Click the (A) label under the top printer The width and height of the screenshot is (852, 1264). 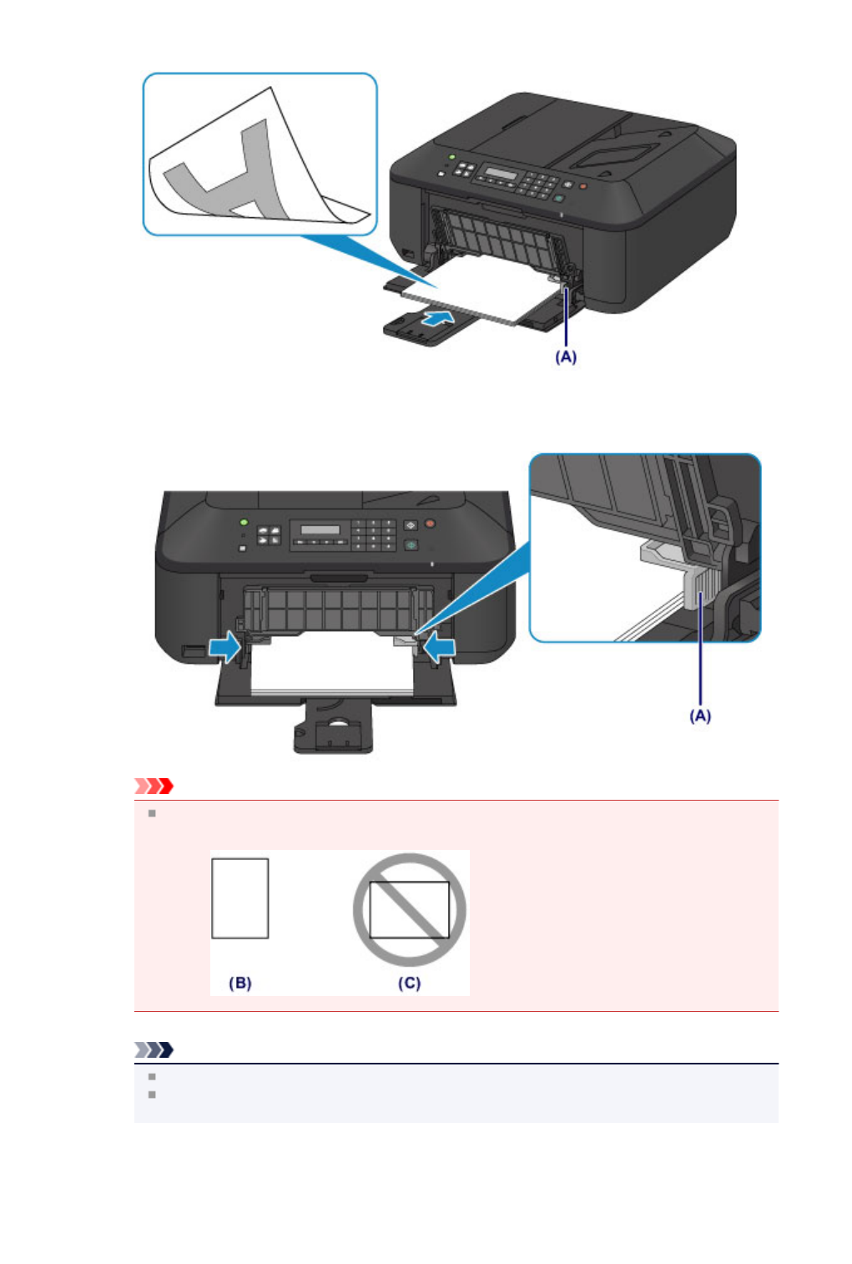pyautogui.click(x=566, y=356)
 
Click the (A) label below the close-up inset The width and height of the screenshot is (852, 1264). pyautogui.click(x=699, y=715)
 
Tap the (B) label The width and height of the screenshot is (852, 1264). pyautogui.click(x=240, y=983)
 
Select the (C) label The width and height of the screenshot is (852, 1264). pyautogui.click(x=409, y=983)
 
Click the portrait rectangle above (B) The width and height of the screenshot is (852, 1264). pyautogui.click(x=240, y=898)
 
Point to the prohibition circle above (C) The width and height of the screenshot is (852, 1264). pyautogui.click(x=409, y=909)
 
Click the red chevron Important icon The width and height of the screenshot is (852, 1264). pyautogui.click(x=154, y=786)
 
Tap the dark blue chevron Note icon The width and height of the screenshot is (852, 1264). pyautogui.click(x=154, y=1049)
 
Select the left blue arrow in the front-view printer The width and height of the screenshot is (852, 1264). pyautogui.click(x=224, y=646)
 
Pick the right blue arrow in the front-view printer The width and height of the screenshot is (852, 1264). pyautogui.click(x=439, y=646)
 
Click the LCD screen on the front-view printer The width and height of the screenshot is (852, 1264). pyautogui.click(x=320, y=530)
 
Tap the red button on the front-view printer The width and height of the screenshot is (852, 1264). pyautogui.click(x=431, y=524)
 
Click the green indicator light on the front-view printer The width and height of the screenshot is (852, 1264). pyautogui.click(x=243, y=522)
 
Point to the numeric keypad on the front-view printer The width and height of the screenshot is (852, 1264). pyautogui.click(x=374, y=535)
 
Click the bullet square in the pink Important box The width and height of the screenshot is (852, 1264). pyautogui.click(x=152, y=813)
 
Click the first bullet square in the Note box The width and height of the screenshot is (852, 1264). pyautogui.click(x=152, y=1077)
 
